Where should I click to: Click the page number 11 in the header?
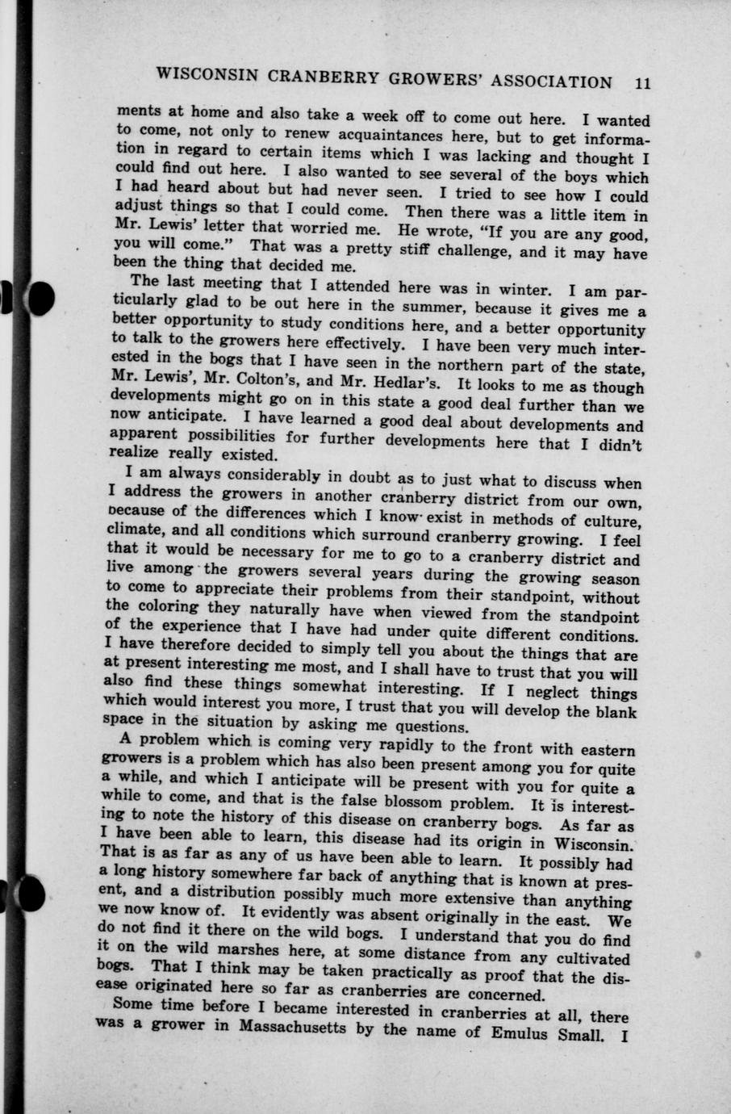(x=642, y=82)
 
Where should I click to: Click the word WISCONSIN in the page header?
(x=207, y=76)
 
